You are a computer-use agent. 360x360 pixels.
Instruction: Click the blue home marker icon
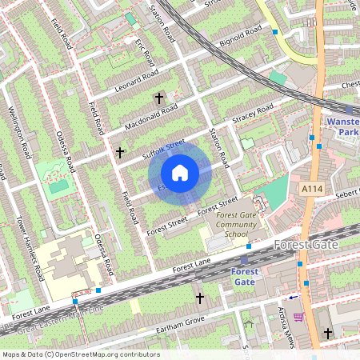coord(180,173)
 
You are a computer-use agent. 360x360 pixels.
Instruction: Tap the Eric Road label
coord(144,53)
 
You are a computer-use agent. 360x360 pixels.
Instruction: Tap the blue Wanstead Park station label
coord(343,126)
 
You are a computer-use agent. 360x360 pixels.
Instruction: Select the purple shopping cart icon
coord(298,318)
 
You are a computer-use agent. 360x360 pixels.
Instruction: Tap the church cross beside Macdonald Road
coord(158,98)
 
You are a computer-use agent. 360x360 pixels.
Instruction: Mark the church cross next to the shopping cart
coord(327,332)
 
